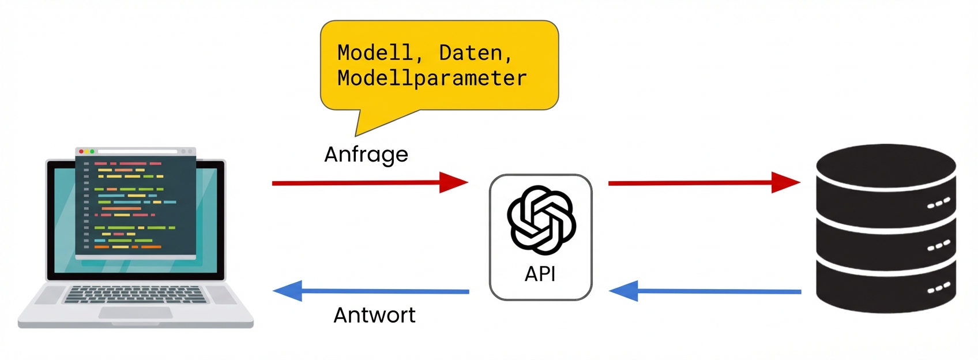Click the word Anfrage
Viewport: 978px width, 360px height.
click(366, 155)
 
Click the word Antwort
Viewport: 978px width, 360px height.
click(374, 315)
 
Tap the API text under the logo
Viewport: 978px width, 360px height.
click(540, 274)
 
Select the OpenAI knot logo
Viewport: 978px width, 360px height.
click(541, 220)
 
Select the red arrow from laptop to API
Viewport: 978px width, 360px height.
click(369, 183)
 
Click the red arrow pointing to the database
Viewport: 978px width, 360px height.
click(704, 183)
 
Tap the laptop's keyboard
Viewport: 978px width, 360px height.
click(135, 294)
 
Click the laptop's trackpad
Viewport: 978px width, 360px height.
click(136, 313)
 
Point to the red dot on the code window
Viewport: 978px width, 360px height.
click(81, 151)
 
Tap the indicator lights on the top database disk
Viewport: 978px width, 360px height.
click(938, 203)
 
